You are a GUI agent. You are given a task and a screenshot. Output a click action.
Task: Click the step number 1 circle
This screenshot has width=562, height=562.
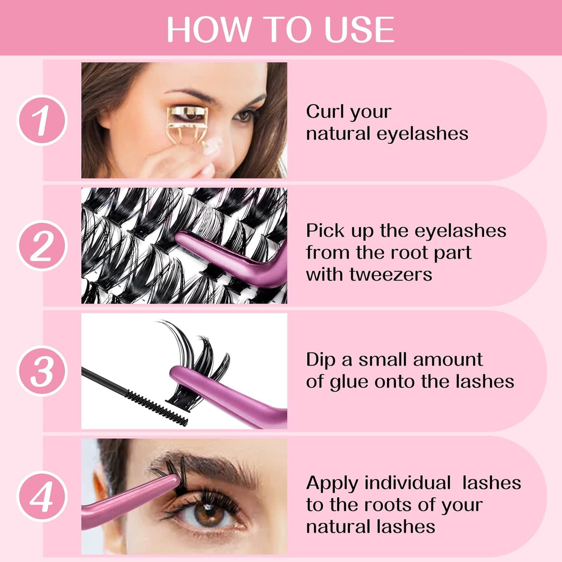(42, 120)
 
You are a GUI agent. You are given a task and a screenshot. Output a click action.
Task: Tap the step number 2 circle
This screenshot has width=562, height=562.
(42, 245)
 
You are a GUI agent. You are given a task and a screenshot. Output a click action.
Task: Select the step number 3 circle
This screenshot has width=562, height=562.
(42, 371)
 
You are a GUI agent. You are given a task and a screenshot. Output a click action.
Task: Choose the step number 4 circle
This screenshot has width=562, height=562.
(42, 496)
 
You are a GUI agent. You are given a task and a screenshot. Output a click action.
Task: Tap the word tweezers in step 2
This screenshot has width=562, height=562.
(390, 274)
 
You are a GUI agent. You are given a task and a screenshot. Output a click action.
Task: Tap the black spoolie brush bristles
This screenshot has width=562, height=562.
(156, 408)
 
